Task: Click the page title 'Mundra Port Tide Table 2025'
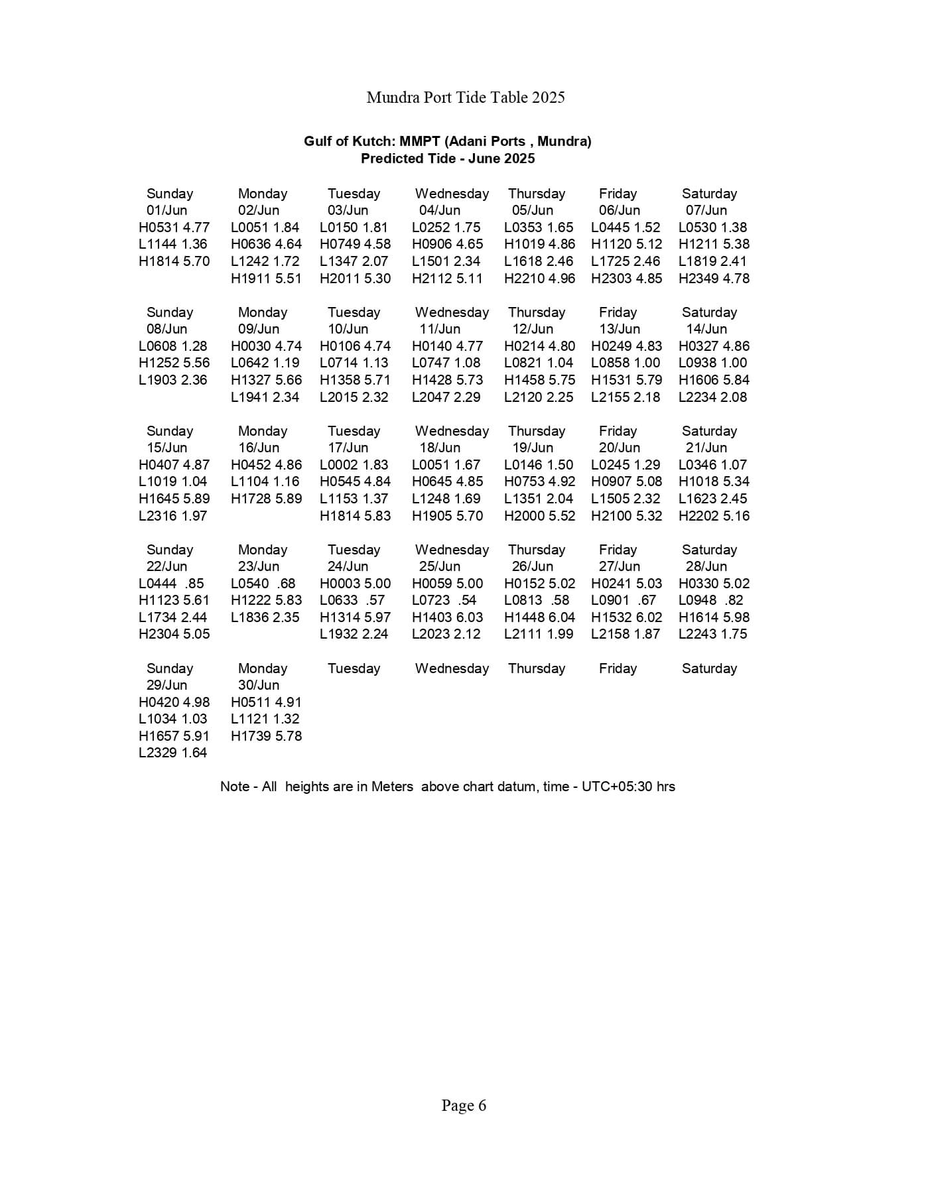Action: (x=465, y=97)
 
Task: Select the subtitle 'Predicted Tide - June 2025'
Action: (x=447, y=158)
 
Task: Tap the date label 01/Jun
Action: (x=166, y=210)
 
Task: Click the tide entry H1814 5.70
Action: (x=174, y=261)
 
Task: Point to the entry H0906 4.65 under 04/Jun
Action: (x=447, y=244)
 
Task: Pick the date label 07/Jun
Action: (x=706, y=210)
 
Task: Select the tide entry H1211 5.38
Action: (x=714, y=244)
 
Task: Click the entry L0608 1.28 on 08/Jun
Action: (x=172, y=346)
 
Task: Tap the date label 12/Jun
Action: (x=532, y=329)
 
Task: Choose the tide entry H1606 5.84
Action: (x=714, y=380)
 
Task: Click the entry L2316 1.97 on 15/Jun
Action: (x=172, y=516)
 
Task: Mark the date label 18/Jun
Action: (x=439, y=448)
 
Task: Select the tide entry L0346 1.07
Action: (x=712, y=465)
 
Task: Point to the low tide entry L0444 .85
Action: (x=171, y=584)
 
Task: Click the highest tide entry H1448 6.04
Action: (x=539, y=617)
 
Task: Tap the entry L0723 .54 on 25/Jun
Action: (x=444, y=600)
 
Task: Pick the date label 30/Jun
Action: (x=258, y=685)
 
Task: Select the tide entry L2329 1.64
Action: (x=172, y=753)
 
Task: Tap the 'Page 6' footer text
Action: (x=464, y=1106)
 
